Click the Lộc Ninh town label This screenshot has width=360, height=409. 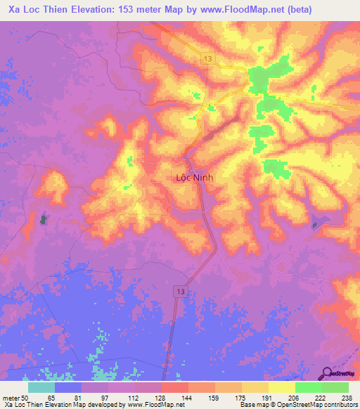point(193,178)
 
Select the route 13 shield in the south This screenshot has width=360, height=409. point(181,291)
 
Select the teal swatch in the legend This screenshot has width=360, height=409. point(41,387)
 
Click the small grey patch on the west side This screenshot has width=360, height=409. point(44,220)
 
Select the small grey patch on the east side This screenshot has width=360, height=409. point(316,225)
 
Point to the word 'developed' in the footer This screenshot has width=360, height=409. point(106,405)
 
